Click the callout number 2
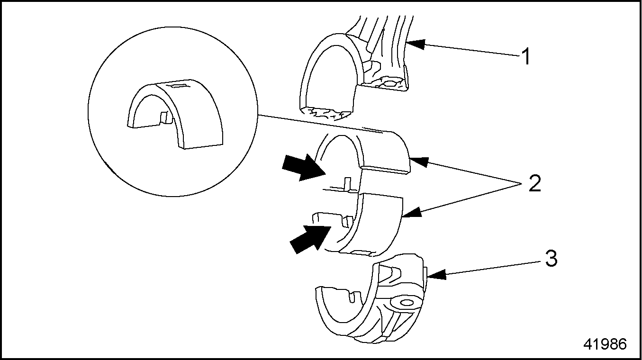534,183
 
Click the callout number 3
551,259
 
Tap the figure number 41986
605,344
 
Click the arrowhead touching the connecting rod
413,44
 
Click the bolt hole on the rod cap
406,302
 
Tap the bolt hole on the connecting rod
391,83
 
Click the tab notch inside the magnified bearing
164,117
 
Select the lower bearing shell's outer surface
379,223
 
